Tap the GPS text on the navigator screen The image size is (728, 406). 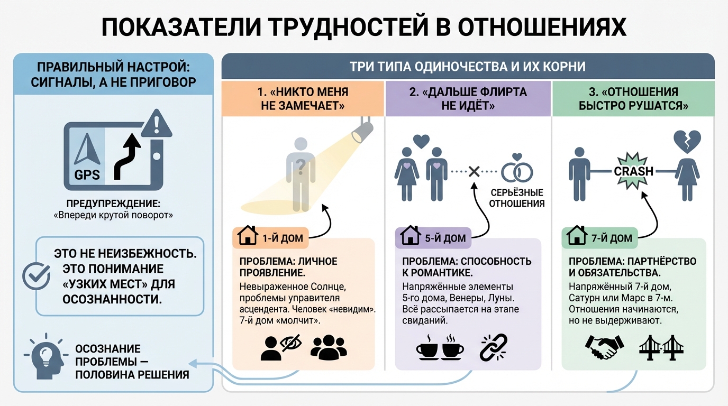point(87,174)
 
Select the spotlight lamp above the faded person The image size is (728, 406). point(362,130)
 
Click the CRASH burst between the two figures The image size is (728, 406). point(634,171)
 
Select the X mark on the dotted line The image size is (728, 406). point(474,171)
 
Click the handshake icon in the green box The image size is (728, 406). point(604,347)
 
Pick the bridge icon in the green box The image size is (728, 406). point(661,347)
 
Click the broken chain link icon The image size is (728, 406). point(493,347)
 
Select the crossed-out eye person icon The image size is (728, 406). point(280,348)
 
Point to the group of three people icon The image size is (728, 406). point(329,347)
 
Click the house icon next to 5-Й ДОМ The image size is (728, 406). point(410,237)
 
